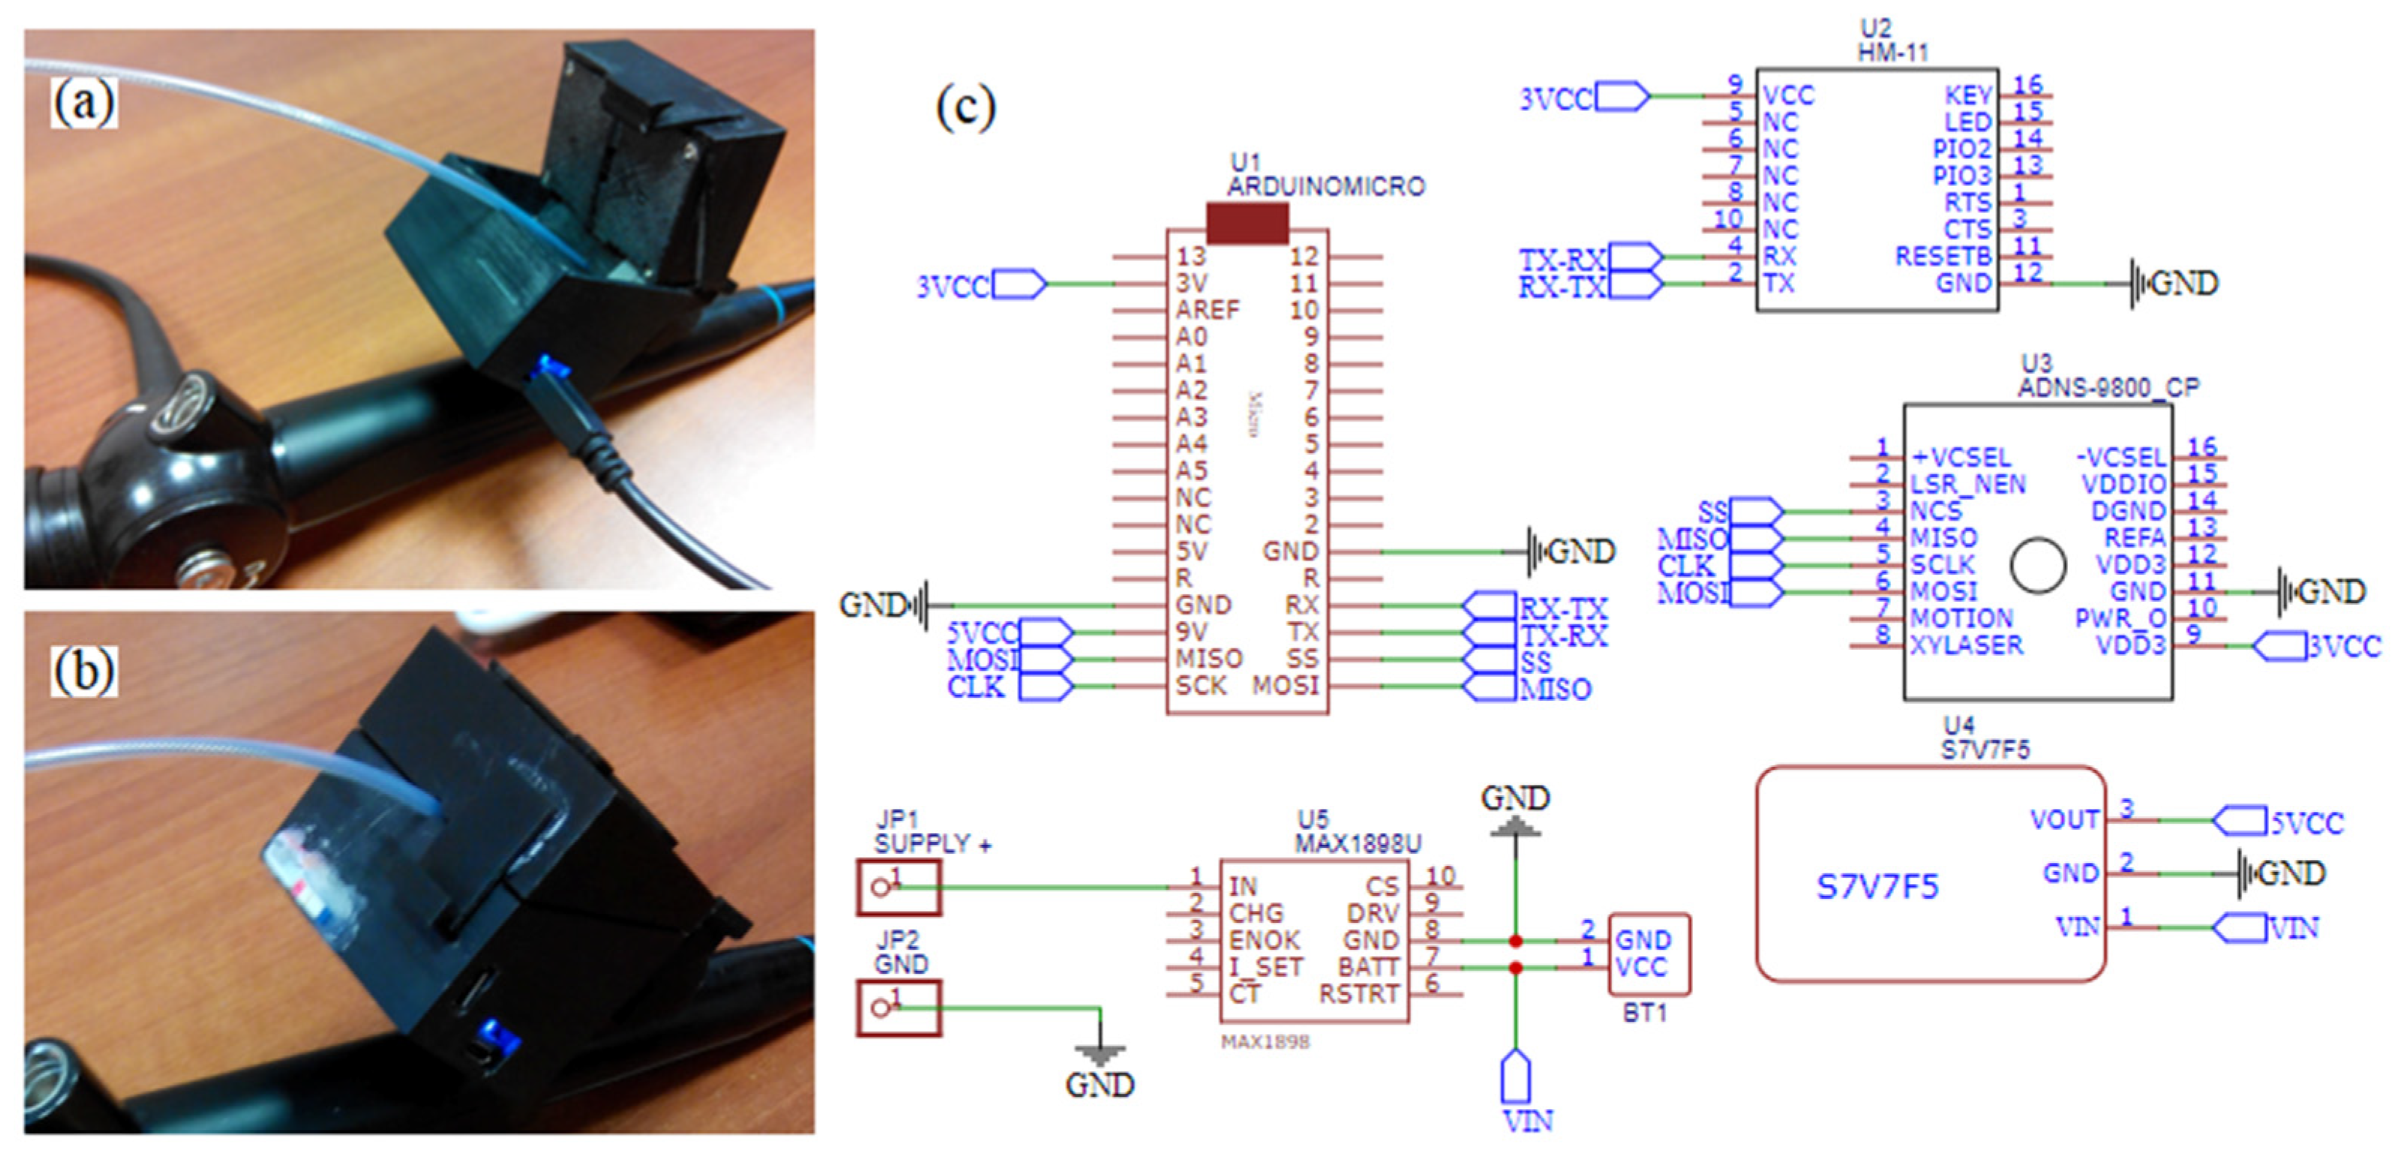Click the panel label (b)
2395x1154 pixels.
tap(84, 672)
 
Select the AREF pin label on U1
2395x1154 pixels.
tap(1208, 310)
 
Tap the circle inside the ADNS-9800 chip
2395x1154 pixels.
tap(2038, 564)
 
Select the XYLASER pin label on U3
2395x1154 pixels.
tap(1967, 645)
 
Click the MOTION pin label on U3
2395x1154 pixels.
tap(1961, 618)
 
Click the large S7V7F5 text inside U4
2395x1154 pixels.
tap(1877, 887)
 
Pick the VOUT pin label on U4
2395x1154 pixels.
tap(2064, 819)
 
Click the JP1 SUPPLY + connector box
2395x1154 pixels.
tap(898, 887)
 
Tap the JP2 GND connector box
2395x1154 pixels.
tap(898, 1007)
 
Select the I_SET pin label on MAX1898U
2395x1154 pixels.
tap(1265, 967)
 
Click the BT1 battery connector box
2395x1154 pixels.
tap(1649, 953)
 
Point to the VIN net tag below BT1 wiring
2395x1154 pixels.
tap(1517, 1080)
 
